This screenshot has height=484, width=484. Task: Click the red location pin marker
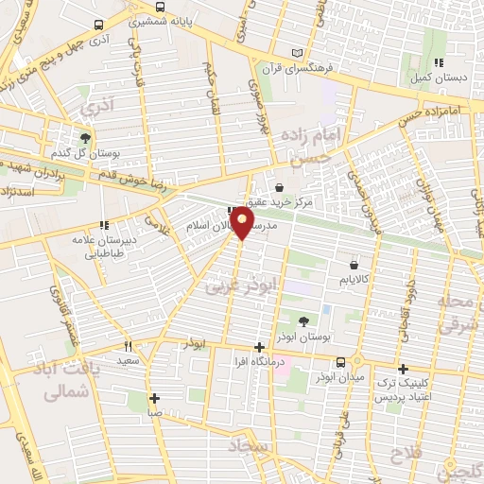click(243, 223)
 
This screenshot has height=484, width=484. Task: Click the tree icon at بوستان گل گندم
click(85, 137)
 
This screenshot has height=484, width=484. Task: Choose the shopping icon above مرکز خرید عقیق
click(279, 187)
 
